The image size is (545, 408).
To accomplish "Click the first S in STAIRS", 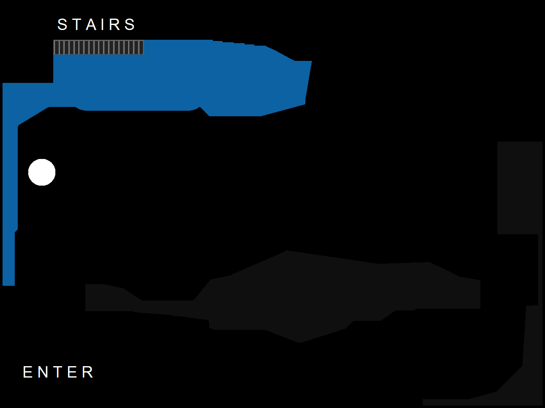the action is coord(63,25).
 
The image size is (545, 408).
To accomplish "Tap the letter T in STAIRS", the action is coord(77,25).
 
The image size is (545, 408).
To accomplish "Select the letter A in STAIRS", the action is coord(91,25).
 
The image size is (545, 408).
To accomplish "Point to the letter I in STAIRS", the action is coord(103,25).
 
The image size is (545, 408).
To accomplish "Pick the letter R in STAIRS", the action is coord(115,25).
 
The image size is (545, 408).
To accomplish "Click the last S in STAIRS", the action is coord(130,25).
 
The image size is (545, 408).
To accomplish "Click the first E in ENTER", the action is coord(28,372).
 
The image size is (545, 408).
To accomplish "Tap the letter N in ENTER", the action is coord(43,372).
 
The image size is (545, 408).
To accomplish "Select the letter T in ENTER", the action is coord(57,372).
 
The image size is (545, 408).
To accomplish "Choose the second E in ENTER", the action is coord(72,372).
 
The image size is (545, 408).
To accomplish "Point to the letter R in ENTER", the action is coord(87,372).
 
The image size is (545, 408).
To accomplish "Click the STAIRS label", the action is coord(96,25).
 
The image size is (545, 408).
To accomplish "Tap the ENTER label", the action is coord(58,372).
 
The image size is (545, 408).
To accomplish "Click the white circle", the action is coord(42,172).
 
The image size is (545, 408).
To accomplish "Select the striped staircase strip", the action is coord(98,47).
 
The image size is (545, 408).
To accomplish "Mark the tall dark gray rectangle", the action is coord(520,188).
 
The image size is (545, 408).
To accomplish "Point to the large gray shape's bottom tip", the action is coord(300,343).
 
